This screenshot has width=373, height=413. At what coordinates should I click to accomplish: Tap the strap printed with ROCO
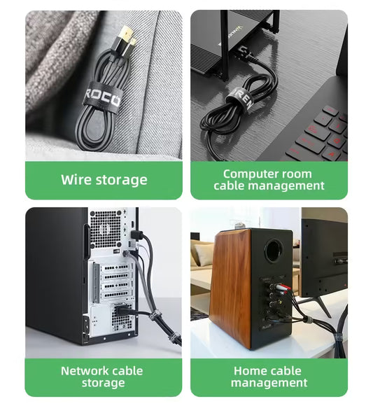(102, 96)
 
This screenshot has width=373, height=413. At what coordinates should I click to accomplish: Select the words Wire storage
(104, 180)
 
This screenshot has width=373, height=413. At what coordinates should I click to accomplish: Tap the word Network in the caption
(85, 371)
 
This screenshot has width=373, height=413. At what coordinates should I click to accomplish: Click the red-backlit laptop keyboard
(322, 133)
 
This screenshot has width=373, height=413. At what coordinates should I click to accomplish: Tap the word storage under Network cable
(104, 384)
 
